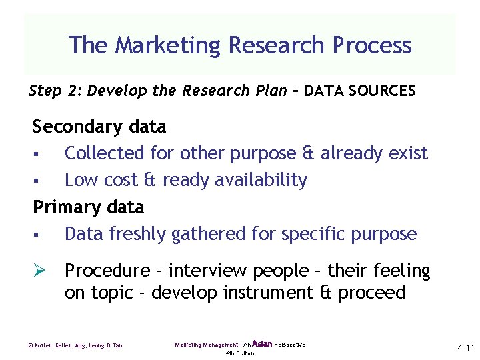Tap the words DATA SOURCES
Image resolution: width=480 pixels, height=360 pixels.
(x=359, y=91)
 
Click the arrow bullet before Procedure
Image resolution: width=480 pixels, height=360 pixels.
(x=39, y=271)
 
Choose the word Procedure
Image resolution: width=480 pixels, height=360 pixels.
(x=107, y=271)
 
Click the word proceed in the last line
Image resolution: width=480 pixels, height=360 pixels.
(x=371, y=293)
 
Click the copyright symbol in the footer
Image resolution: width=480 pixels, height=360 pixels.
(x=30, y=345)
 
